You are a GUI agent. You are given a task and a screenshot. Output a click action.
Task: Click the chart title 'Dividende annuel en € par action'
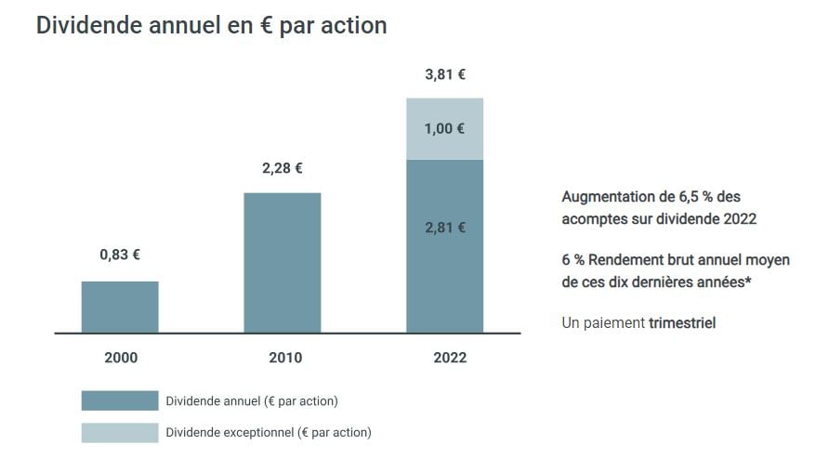211,26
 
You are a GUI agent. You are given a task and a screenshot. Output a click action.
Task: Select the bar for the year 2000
120,307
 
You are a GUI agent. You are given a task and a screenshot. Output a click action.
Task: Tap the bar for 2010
283,262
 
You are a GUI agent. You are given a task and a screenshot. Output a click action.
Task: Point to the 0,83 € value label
120,255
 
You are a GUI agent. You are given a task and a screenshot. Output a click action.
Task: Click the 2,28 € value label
283,168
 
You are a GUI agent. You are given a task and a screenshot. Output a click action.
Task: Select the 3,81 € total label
445,74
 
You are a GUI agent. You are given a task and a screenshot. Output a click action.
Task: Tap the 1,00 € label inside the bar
445,129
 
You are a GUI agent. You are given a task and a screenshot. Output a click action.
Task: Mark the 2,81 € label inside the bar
445,227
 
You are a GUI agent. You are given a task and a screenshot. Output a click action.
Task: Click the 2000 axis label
120,358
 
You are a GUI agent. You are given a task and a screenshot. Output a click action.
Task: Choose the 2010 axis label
283,358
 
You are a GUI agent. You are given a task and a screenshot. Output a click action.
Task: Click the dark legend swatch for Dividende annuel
120,400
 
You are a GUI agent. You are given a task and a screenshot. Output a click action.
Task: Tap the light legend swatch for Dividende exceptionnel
120,432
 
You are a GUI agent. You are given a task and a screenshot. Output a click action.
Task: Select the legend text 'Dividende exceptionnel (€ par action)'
268,432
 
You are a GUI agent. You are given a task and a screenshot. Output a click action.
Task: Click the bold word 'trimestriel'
682,322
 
